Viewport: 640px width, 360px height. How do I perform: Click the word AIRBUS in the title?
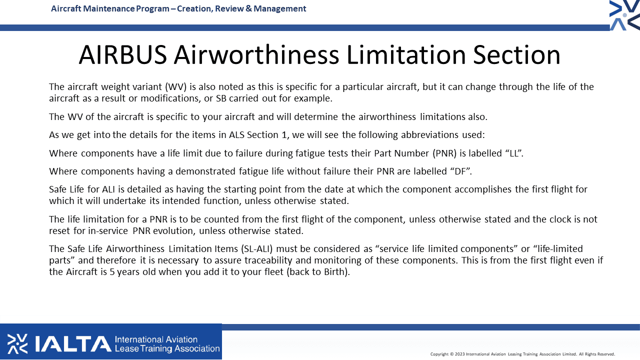pos(123,54)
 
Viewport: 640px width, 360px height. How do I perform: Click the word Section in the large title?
pos(516,54)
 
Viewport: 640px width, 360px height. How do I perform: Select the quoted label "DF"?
pos(461,171)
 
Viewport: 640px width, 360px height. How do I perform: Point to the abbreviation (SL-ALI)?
pos(257,249)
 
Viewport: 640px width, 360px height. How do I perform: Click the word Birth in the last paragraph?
pos(334,271)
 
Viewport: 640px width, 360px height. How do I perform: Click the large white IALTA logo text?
pos(73,343)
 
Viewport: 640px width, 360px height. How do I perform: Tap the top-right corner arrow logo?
pos(624,15)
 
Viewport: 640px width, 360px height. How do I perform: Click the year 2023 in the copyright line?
pos(459,354)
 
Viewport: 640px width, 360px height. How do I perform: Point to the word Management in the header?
pos(279,9)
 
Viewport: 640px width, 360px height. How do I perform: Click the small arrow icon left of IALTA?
pos(17,343)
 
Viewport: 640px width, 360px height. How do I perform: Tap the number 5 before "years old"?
pos(112,272)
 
